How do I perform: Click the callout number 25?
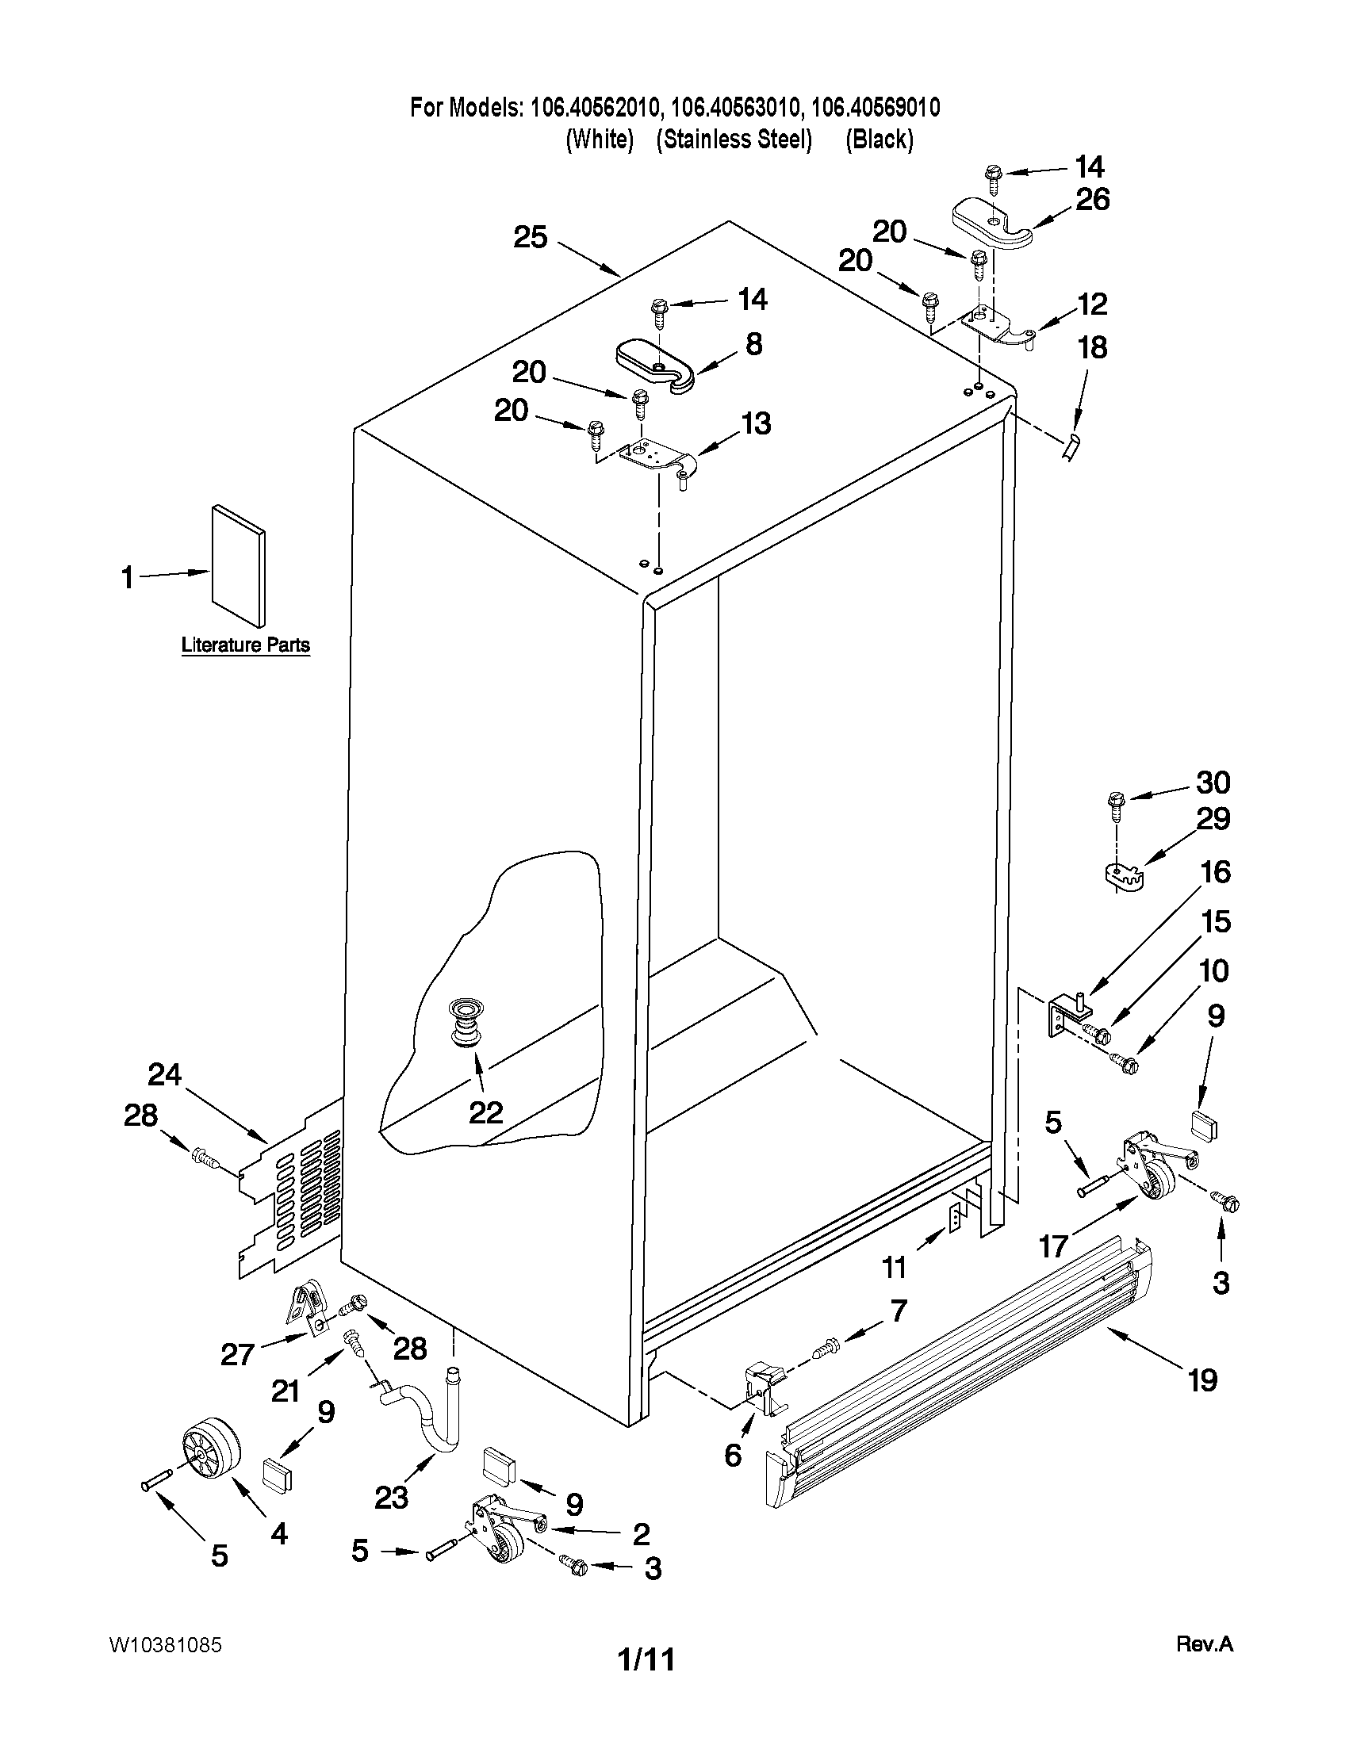pyautogui.click(x=530, y=237)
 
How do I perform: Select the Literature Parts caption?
pyautogui.click(x=245, y=645)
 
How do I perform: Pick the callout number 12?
pyautogui.click(x=1093, y=304)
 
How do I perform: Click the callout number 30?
pyautogui.click(x=1212, y=783)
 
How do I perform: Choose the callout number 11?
pyautogui.click(x=894, y=1266)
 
